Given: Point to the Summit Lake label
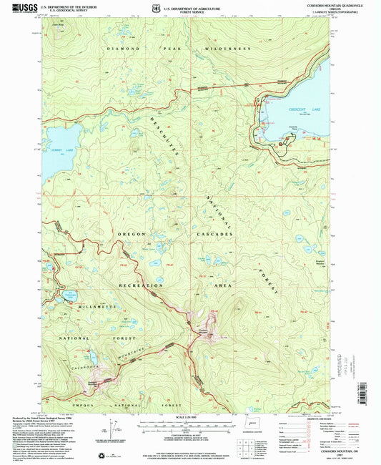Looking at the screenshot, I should click(x=61, y=150).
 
